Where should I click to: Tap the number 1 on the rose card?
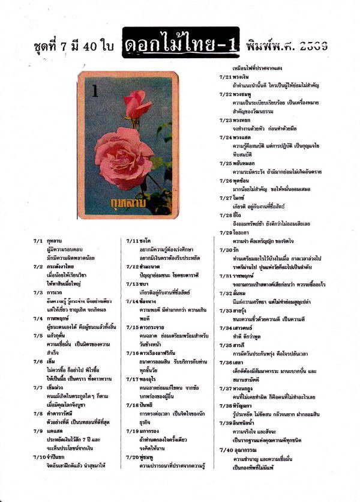[x=95, y=91]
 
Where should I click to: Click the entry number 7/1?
[x=38, y=240]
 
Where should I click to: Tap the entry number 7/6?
[x=38, y=345]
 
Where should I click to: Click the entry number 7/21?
[x=225, y=77]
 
